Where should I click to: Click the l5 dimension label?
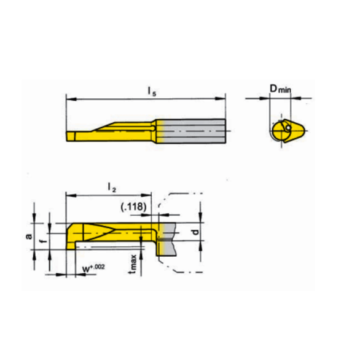pyautogui.click(x=151, y=91)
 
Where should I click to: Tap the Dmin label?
pyautogui.click(x=280, y=90)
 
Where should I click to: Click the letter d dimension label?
pyautogui.click(x=195, y=232)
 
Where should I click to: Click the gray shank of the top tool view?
pyautogui.click(x=190, y=130)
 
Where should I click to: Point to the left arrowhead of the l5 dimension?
pyautogui.click(x=68, y=98)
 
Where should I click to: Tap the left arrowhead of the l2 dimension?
pyautogui.click(x=68, y=195)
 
